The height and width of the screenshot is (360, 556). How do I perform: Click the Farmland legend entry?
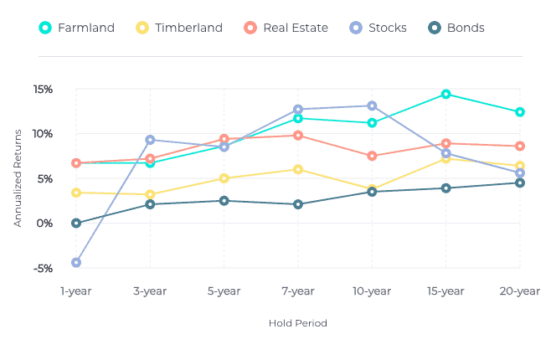(77, 28)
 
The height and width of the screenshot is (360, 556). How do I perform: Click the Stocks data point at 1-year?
(76, 262)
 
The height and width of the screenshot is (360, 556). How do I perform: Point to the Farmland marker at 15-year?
(445, 94)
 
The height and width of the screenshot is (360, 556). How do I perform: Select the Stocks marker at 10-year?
(372, 105)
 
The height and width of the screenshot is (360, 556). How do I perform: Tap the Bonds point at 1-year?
(76, 223)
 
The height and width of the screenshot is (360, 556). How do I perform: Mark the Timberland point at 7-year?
(298, 169)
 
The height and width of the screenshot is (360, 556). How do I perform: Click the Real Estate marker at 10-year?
(372, 156)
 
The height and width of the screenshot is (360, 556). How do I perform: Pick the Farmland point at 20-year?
(520, 111)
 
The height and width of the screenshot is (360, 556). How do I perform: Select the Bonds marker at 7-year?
(298, 204)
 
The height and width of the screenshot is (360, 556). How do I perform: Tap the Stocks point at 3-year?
(150, 140)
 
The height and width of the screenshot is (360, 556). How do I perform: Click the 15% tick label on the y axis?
(44, 90)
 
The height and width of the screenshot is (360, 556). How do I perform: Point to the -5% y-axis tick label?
(44, 268)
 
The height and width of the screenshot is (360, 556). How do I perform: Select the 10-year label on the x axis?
(372, 291)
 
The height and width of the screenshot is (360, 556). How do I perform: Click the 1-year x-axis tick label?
(76, 291)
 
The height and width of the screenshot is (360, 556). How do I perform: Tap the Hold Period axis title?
(297, 323)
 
